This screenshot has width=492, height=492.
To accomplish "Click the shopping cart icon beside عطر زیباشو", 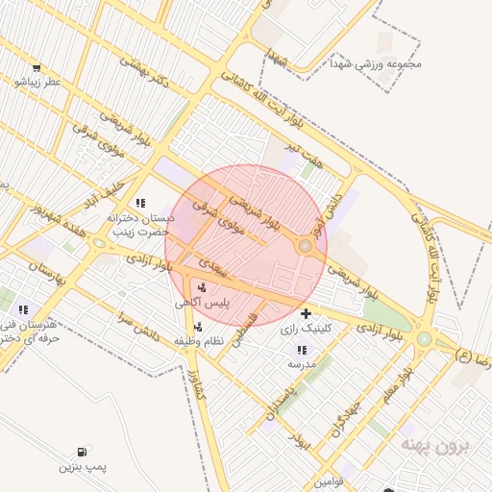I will pos(36,68).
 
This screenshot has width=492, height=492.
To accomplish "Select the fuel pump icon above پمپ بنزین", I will pos(81,452).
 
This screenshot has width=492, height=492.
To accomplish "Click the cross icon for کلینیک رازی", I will pos(306,313).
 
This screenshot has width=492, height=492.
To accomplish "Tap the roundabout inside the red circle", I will pos(306,247).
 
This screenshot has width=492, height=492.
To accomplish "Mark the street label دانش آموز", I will pos(328,192).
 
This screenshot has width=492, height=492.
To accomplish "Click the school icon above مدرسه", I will pos(302,350).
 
